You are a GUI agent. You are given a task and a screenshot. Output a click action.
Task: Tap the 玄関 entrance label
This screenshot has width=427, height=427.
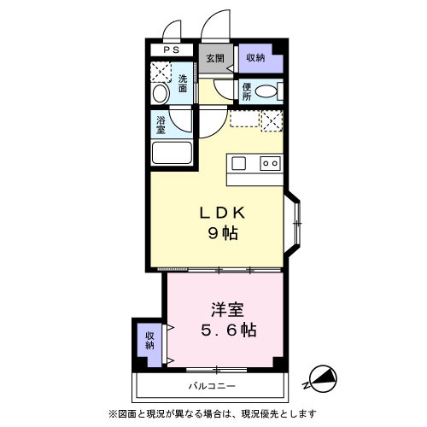214,58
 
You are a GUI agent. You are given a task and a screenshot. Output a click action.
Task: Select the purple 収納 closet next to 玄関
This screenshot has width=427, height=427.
255,58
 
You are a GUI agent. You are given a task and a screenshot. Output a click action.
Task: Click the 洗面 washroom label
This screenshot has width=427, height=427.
183,84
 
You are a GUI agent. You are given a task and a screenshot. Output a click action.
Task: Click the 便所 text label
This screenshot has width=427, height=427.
246,91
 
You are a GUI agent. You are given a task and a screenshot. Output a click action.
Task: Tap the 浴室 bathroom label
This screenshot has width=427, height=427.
160,123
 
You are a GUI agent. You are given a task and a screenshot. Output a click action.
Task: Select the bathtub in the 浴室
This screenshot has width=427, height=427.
171,153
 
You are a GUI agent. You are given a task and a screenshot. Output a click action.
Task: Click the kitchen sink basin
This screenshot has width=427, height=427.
239,162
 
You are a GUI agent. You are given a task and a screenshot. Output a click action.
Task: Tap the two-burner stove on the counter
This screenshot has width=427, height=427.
270,163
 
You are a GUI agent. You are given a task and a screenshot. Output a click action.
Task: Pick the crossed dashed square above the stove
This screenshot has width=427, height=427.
272,120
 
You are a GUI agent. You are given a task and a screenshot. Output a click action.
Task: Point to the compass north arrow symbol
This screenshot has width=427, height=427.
323,376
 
